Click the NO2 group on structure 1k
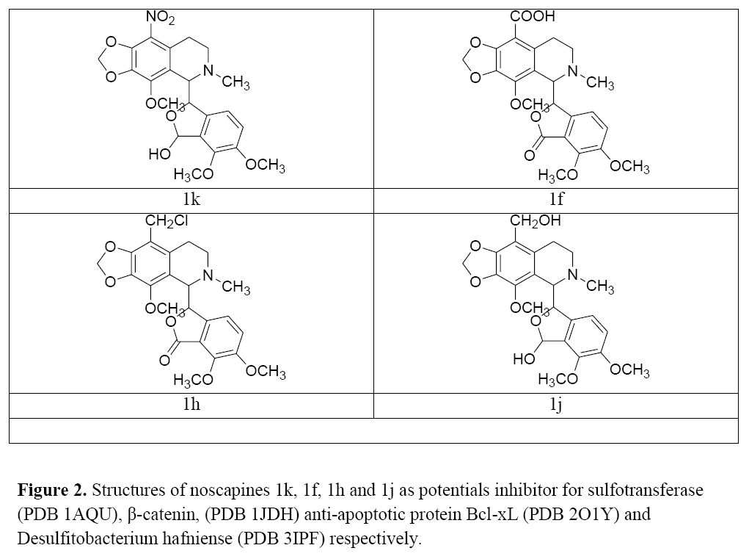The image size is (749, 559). [160, 18]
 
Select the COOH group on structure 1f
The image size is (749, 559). [532, 16]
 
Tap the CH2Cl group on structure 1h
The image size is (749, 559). [167, 221]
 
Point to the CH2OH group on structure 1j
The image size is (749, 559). [535, 221]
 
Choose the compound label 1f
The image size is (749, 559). [556, 199]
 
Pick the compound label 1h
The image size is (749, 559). [191, 405]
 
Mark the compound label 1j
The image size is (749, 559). [555, 405]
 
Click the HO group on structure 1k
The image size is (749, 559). [159, 154]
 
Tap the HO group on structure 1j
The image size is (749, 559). [524, 358]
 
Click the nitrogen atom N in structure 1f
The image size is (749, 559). [573, 71]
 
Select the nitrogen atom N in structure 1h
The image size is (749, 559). [208, 275]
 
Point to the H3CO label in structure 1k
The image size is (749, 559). [194, 175]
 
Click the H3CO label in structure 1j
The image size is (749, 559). [558, 379]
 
